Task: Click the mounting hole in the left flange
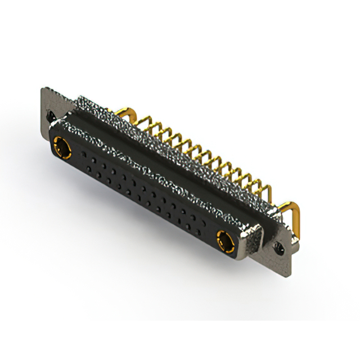coord(52,115)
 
